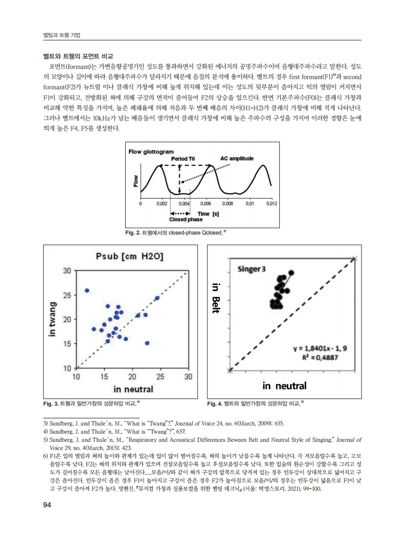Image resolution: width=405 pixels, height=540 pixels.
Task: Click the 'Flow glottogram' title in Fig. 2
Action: (151, 152)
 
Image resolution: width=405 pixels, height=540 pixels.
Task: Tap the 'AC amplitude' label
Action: (237, 158)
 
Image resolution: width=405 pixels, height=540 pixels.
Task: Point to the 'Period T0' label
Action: (183, 159)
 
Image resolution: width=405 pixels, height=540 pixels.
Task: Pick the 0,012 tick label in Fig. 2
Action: (271, 203)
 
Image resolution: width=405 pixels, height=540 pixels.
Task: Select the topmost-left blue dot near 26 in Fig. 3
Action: (87, 290)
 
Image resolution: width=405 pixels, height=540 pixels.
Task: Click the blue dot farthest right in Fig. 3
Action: (157, 298)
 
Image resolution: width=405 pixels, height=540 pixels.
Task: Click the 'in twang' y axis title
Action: (53, 319)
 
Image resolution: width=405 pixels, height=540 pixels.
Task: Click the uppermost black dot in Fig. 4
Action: (292, 273)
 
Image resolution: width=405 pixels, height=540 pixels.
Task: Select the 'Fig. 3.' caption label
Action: (51, 404)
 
